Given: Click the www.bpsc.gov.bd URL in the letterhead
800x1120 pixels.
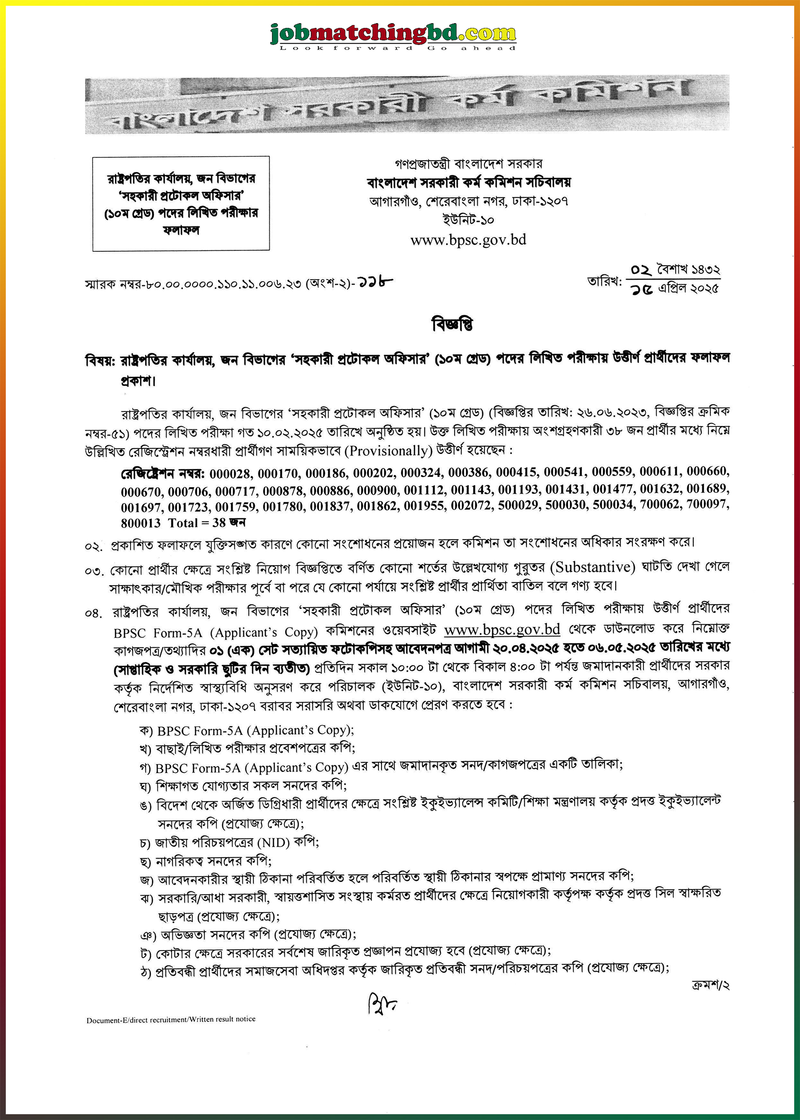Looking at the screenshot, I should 468,240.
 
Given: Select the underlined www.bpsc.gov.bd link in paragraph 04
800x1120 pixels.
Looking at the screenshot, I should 501,630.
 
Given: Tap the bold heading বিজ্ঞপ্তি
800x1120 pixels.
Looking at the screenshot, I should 452,324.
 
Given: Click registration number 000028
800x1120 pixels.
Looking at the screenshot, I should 230,474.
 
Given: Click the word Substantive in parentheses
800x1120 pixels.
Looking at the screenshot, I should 592,567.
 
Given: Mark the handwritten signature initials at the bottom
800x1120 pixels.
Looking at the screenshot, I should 381,1003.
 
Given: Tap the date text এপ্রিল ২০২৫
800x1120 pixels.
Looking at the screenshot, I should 689,288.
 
